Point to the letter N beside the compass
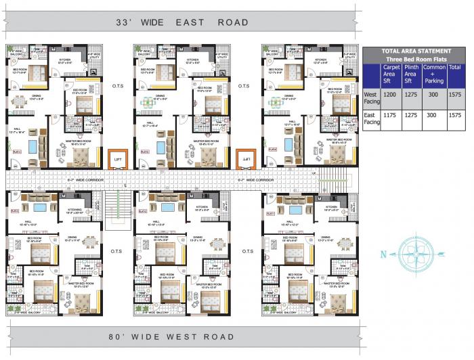(x=383, y=255)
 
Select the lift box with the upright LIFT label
(x=118, y=160)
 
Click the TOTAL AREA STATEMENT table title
(x=416, y=51)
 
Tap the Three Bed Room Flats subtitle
(x=416, y=59)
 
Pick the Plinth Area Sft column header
(x=410, y=74)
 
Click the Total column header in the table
(x=454, y=68)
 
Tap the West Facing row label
(x=370, y=98)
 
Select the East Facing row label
(x=370, y=119)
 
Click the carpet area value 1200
(x=390, y=95)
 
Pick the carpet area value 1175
(x=390, y=115)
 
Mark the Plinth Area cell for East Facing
(x=410, y=115)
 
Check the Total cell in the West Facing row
(x=454, y=95)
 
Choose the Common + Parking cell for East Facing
(x=432, y=115)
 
